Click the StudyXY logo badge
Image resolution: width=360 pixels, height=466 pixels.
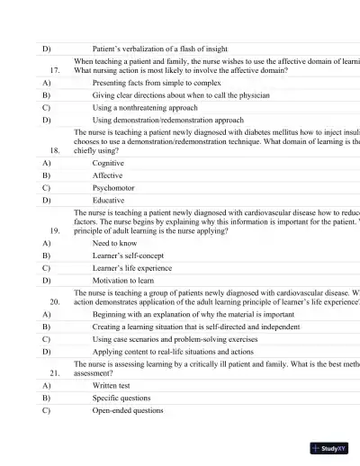click(328, 447)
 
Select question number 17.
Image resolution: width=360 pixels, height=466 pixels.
click(54, 69)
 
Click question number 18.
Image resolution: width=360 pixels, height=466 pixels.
click(54, 151)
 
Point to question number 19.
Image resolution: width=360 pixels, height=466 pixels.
click(54, 230)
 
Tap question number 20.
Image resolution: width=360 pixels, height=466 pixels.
click(54, 302)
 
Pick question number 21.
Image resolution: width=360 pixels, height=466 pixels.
click(54, 372)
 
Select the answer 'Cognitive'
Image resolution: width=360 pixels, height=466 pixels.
click(109, 164)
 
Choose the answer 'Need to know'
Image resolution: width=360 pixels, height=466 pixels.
click(115, 243)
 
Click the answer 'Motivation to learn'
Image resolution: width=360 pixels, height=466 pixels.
click(127, 280)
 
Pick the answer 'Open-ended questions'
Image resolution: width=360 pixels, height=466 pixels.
click(128, 410)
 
